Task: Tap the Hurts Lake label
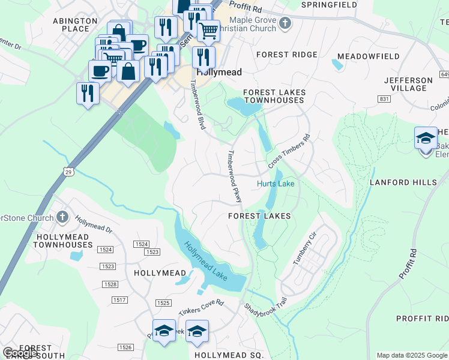pos(276,184)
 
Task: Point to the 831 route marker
pos(384,98)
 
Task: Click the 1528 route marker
pos(110,284)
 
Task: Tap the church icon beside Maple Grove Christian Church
pos(285,24)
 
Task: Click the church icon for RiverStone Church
pos(62,217)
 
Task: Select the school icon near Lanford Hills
pos(426,138)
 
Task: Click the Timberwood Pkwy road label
pos(234,176)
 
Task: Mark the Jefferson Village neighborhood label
pos(408,84)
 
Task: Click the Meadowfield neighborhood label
pos(368,56)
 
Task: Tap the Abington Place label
pos(75,25)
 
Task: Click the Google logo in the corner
pos(20,353)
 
